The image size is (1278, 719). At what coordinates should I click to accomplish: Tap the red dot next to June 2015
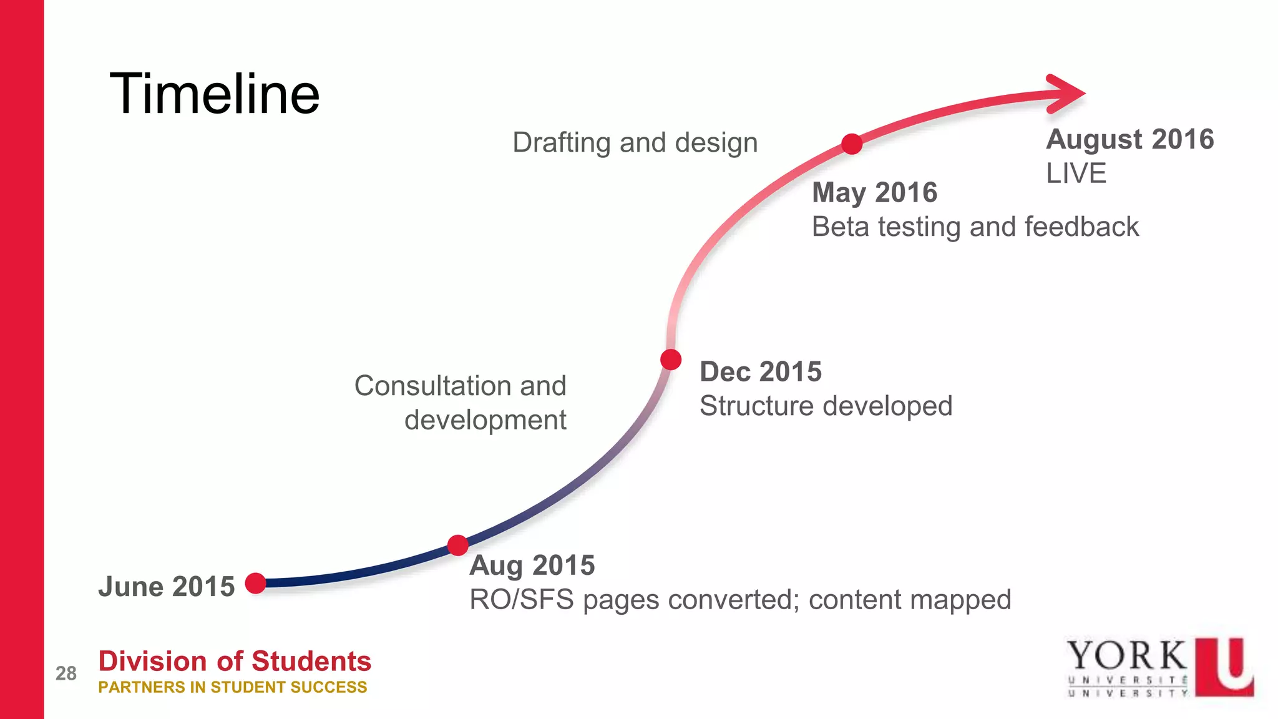pos(256,583)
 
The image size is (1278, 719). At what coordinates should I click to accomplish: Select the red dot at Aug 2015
pos(458,545)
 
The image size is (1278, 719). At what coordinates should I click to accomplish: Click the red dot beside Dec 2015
pos(671,359)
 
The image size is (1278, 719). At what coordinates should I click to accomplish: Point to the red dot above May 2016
pos(852,144)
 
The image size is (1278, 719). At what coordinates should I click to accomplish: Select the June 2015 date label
pos(166,587)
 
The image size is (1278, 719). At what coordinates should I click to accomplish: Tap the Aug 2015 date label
pos(532,565)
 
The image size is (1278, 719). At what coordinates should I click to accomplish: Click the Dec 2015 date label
pos(761,372)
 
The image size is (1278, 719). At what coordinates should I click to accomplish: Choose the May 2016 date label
pos(874,192)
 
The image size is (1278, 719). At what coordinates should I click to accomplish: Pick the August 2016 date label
pos(1130,139)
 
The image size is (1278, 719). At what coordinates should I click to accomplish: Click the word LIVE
pos(1076,174)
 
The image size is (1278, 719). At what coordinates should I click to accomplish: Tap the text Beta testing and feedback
pos(975,227)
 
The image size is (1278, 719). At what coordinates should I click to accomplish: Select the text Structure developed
pos(826,406)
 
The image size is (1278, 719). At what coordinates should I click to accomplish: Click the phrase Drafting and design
pos(635,143)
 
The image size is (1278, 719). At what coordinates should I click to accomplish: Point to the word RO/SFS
pos(522,600)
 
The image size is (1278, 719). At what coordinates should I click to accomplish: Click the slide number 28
pos(66,673)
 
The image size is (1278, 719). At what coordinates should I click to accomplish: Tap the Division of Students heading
pos(235,661)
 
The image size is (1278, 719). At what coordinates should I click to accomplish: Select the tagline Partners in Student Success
pos(233,687)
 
